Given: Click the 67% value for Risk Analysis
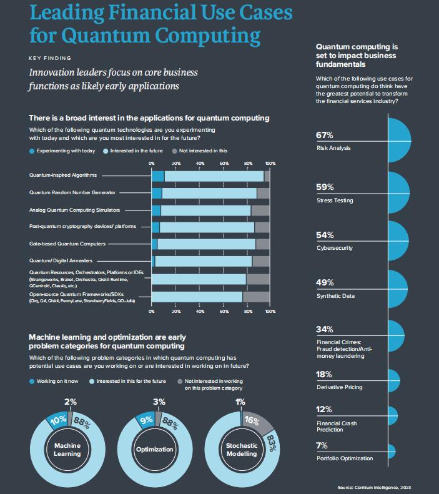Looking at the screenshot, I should (x=325, y=136).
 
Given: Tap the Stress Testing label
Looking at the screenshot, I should (x=334, y=200).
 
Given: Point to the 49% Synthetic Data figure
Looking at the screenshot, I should (x=325, y=283).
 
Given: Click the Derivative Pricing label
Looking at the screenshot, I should (x=340, y=387).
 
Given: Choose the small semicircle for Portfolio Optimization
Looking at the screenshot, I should (x=391, y=450).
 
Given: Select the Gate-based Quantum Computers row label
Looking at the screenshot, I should (x=67, y=244).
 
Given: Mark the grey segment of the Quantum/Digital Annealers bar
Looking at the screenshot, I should (x=260, y=260).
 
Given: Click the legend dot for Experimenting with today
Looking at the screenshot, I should (x=32, y=151).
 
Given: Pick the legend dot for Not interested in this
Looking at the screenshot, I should (x=174, y=151).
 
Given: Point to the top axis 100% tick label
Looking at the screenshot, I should (x=270, y=164).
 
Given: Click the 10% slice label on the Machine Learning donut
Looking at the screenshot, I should (x=59, y=420).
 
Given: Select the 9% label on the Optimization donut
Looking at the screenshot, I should (x=147, y=420).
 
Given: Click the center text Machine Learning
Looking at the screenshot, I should (x=67, y=449).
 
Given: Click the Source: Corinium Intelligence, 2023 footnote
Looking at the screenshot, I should (x=373, y=487).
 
